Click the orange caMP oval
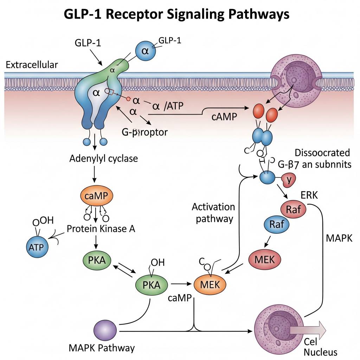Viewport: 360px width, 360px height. tap(96, 196)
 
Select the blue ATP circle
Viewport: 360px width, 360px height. tap(37, 247)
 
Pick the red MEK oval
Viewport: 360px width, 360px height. tap(264, 259)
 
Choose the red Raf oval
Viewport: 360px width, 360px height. tap(293, 210)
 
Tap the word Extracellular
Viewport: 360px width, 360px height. tap(32, 65)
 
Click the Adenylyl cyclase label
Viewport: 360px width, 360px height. tap(103, 158)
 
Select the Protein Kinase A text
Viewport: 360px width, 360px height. tap(101, 229)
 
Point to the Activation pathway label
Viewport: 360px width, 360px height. tap(214, 213)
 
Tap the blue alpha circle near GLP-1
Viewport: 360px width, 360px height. tap(145, 51)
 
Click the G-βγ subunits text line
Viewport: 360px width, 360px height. tap(314, 164)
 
